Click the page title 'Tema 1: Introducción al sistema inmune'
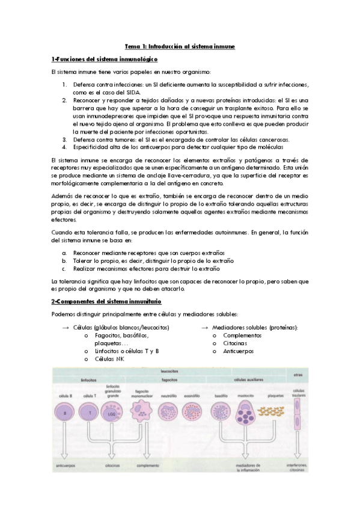(x=180, y=45)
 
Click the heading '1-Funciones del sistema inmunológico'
(x=105, y=59)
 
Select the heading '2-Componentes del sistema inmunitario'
(x=106, y=301)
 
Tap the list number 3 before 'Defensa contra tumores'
(x=64, y=139)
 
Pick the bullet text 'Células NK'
(x=109, y=358)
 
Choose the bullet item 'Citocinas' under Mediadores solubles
(x=235, y=343)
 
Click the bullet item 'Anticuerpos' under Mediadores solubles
(x=239, y=351)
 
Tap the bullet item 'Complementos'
(x=242, y=335)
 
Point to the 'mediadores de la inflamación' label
(x=247, y=467)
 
